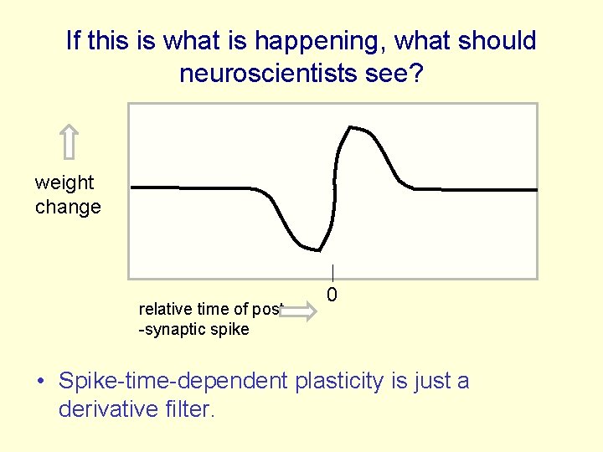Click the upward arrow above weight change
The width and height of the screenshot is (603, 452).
pyautogui.click(x=70, y=141)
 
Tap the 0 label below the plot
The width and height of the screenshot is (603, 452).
pyautogui.click(x=332, y=295)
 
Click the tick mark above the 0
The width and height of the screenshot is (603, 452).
pyautogui.click(x=332, y=273)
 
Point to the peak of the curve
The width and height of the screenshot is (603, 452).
pyautogui.click(x=352, y=128)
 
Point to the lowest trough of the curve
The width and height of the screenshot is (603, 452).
pyautogui.click(x=317, y=249)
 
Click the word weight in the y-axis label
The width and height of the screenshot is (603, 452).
pyautogui.click(x=64, y=182)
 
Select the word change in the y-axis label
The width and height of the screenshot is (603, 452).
pyautogui.click(x=68, y=207)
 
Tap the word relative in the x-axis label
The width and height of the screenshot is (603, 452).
pyautogui.click(x=163, y=309)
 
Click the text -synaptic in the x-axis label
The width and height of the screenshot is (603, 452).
pyautogui.click(x=173, y=329)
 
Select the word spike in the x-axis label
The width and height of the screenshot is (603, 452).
pyautogui.click(x=230, y=329)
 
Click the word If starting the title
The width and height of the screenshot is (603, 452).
pyautogui.click(x=75, y=41)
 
